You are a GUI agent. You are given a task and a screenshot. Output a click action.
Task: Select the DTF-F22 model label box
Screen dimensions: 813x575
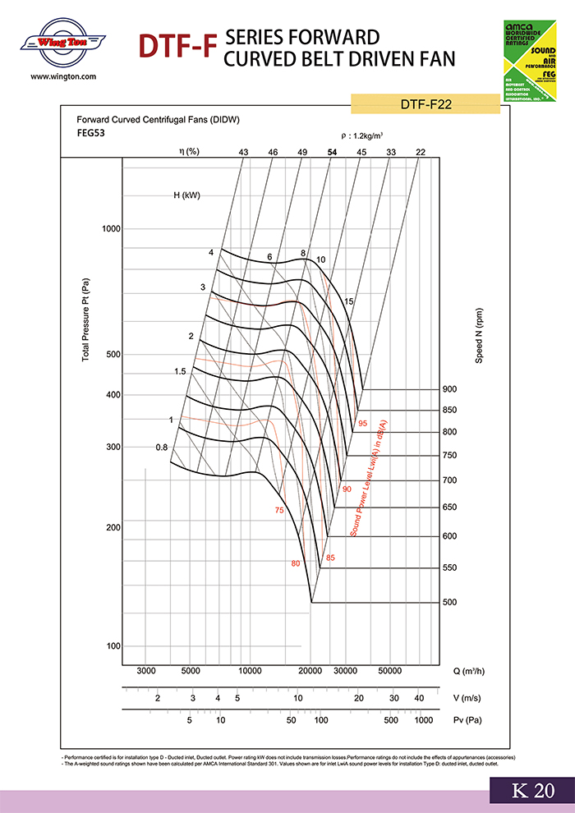click(425, 104)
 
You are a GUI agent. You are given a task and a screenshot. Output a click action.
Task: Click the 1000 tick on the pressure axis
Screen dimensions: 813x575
click(111, 228)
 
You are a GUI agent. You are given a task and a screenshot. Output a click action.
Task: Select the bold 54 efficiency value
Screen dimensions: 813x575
click(332, 152)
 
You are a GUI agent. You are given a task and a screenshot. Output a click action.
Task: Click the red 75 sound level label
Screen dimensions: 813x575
click(279, 511)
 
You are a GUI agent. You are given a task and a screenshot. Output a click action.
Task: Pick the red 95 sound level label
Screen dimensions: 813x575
click(362, 424)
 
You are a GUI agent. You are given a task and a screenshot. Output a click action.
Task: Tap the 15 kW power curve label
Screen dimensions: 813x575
click(349, 301)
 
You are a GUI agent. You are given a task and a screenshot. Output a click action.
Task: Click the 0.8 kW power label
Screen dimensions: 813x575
click(161, 448)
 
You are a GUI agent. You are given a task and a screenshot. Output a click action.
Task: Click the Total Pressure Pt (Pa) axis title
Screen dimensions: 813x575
click(85, 320)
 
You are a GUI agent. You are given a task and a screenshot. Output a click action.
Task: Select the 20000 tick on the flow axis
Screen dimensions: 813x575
click(310, 671)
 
